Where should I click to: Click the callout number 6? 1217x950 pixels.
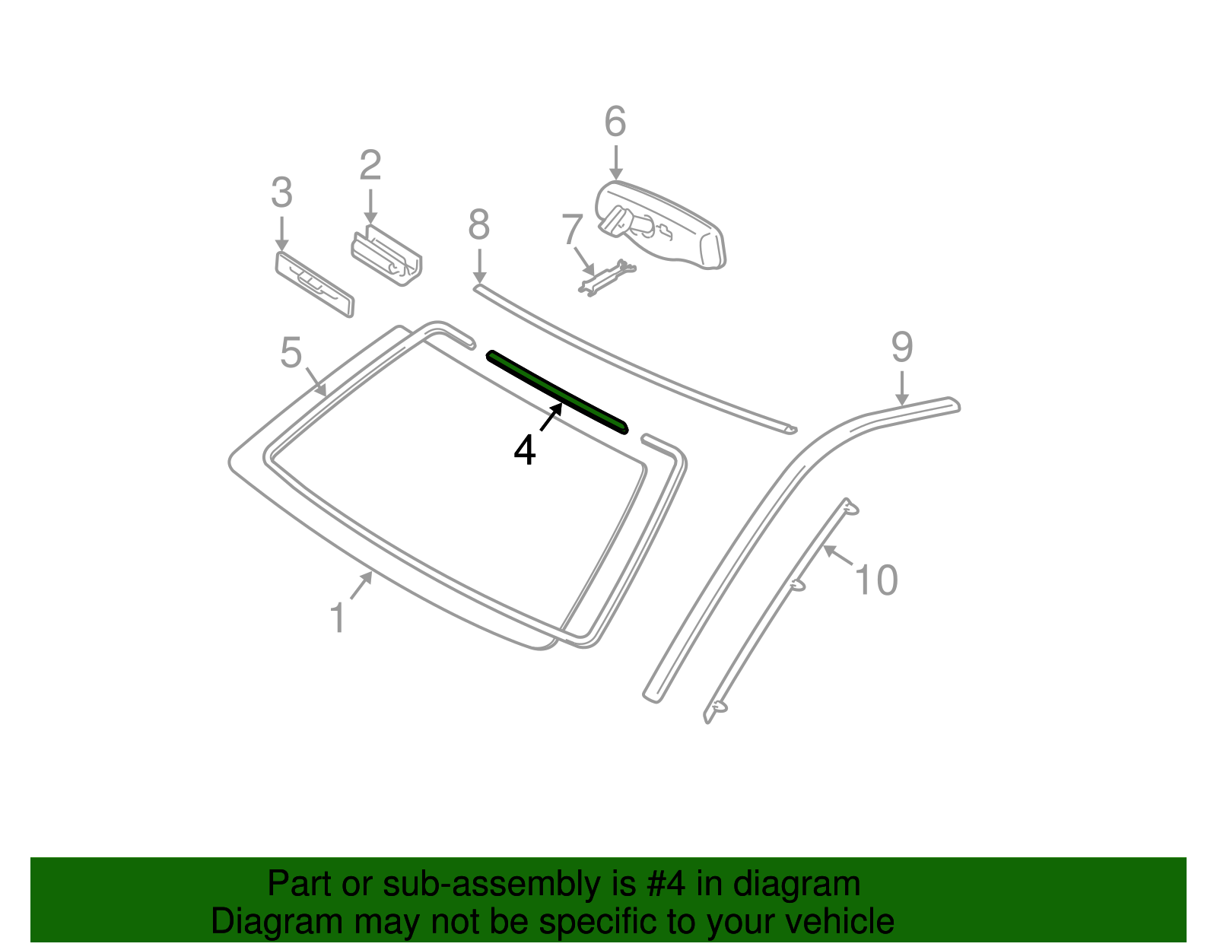point(615,122)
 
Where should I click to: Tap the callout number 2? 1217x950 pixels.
point(370,165)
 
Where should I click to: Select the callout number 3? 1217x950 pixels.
point(281,192)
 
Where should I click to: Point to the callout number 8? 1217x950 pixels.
point(479,224)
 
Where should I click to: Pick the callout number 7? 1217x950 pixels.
point(573,229)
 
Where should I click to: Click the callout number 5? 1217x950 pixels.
point(291,353)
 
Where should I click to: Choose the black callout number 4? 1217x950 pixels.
point(524,450)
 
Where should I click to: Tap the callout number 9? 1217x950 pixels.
point(901,347)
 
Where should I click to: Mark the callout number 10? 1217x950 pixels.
point(876,580)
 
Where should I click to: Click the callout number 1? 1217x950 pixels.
point(338,618)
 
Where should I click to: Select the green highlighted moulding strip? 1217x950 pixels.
point(558,392)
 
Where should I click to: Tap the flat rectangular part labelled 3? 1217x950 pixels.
point(314,284)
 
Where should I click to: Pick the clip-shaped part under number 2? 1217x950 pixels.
point(386,256)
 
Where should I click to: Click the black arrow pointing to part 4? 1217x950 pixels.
point(551,417)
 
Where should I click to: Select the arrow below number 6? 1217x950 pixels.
point(615,162)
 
